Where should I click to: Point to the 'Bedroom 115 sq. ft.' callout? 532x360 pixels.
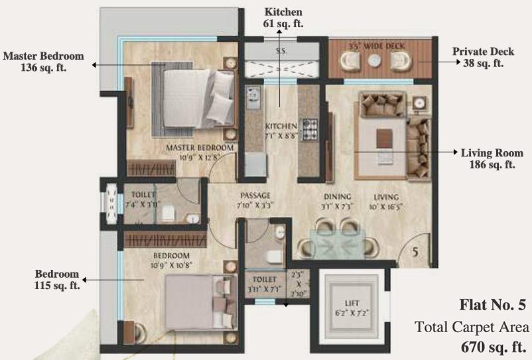click(x=57, y=279)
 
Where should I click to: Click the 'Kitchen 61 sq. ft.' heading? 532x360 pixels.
click(x=283, y=18)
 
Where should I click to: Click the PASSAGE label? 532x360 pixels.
click(x=255, y=196)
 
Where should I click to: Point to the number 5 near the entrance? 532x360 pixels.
click(x=415, y=253)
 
